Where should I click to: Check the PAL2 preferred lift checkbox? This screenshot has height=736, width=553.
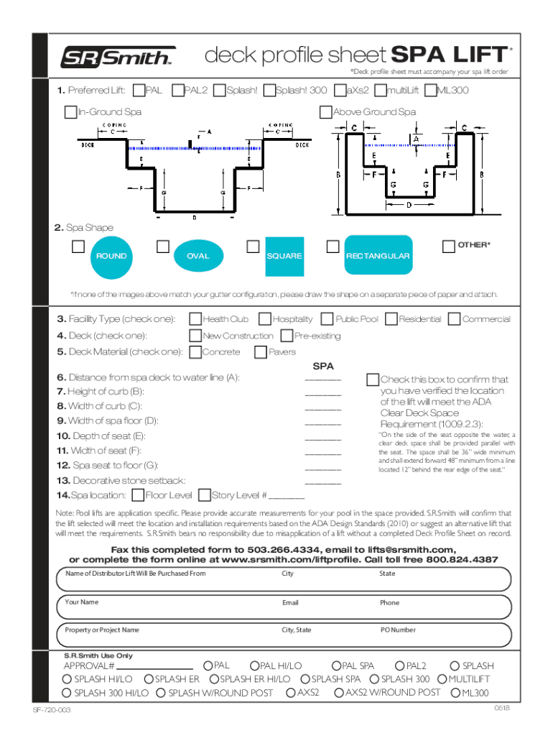tap(178, 91)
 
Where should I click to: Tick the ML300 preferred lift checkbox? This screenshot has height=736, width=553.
tap(430, 91)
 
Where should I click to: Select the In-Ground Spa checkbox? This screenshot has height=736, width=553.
tap(70, 111)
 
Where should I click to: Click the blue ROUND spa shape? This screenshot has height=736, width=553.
tap(111, 256)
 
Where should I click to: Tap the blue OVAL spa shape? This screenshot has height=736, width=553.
tap(197, 256)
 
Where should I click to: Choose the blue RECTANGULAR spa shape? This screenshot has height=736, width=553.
tap(377, 255)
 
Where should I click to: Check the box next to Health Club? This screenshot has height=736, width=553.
tap(195, 318)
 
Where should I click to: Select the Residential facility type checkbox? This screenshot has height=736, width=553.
tap(391, 318)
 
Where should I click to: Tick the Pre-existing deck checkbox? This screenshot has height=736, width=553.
tap(287, 335)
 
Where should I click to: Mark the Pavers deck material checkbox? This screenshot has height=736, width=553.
tap(261, 352)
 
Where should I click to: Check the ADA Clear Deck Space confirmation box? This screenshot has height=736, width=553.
tap(372, 379)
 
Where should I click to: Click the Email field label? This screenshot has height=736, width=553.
tap(290, 602)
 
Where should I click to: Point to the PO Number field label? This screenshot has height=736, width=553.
tap(397, 630)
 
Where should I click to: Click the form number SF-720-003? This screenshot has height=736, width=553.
tap(51, 710)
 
